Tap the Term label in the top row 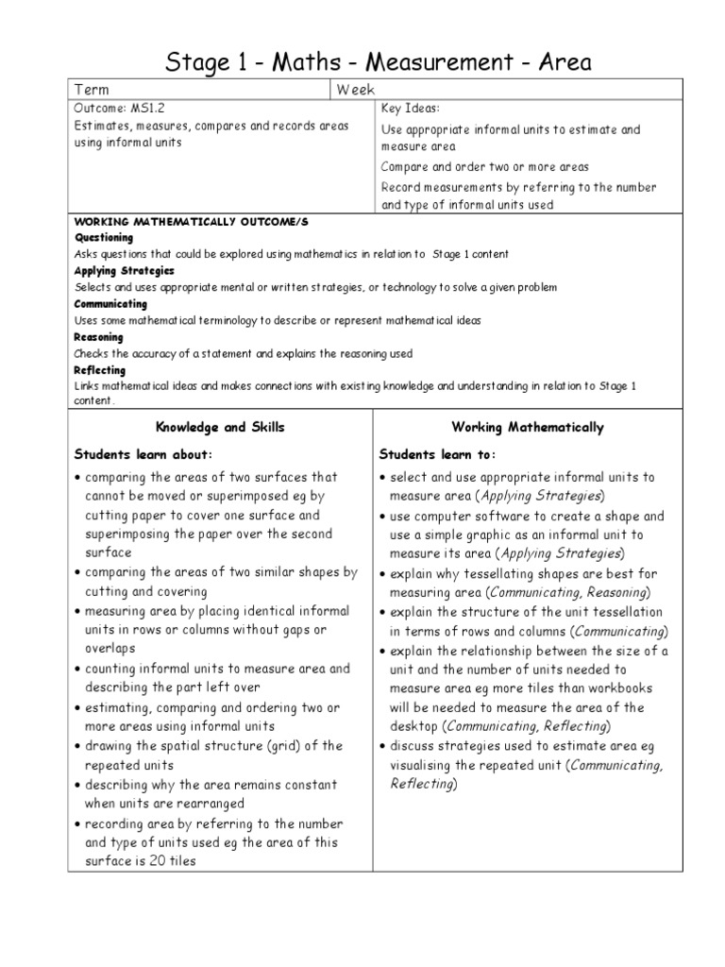(x=92, y=89)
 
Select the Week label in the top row (x=356, y=89)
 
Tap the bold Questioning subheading (x=103, y=238)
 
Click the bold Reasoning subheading (x=98, y=337)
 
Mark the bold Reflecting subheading (x=99, y=370)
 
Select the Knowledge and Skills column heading (x=220, y=428)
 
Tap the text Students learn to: (x=430, y=453)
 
